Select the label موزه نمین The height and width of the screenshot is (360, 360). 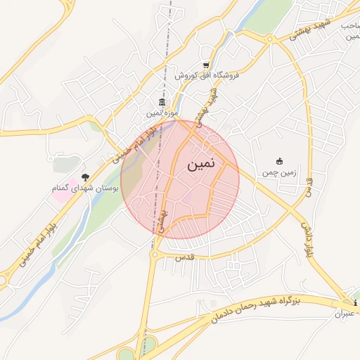pyautogui.click(x=162, y=113)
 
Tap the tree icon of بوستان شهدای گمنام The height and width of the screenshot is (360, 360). pyautogui.click(x=86, y=178)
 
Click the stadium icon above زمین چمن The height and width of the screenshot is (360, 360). pyautogui.click(x=279, y=161)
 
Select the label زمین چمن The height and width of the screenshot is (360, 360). pyautogui.click(x=279, y=172)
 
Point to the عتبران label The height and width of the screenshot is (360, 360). pyautogui.click(x=345, y=312)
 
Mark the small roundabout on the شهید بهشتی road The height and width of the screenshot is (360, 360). pyautogui.click(x=270, y=39)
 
